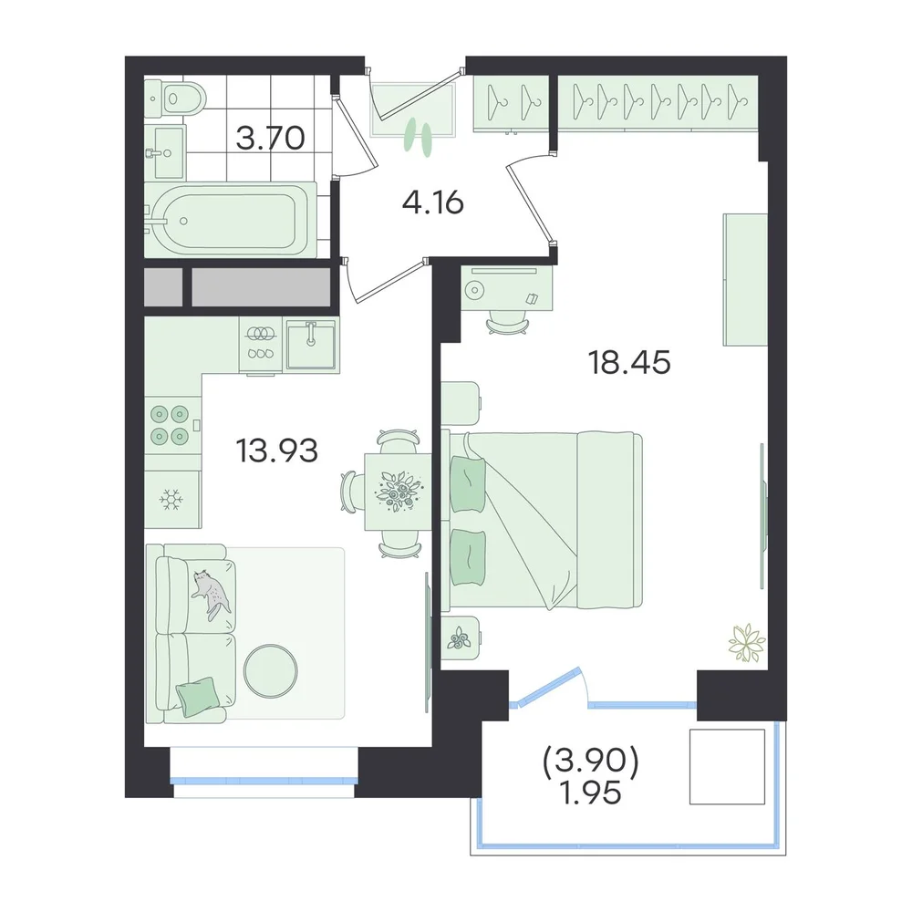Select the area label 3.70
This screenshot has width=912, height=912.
pos(271,139)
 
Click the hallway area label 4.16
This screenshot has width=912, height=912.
pos(432,203)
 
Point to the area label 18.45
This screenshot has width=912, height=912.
pos(629,362)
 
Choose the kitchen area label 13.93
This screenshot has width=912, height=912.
pos(277,451)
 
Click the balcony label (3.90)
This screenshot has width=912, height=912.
pos(591,762)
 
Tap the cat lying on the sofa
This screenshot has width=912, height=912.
pos(211,594)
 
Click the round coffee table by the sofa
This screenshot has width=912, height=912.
pos(271,674)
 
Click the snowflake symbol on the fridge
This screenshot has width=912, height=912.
pos(171,500)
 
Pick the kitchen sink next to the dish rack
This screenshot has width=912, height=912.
pos(311,345)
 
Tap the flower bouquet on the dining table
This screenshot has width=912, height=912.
pos(399,492)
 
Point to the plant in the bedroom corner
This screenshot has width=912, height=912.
pos(747,642)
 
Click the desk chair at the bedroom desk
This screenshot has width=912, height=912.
pos(508,323)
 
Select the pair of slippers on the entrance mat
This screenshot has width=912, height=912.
pos(419,138)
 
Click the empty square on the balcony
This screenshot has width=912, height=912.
pos(727,767)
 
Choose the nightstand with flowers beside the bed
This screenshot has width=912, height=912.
pos(461,638)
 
